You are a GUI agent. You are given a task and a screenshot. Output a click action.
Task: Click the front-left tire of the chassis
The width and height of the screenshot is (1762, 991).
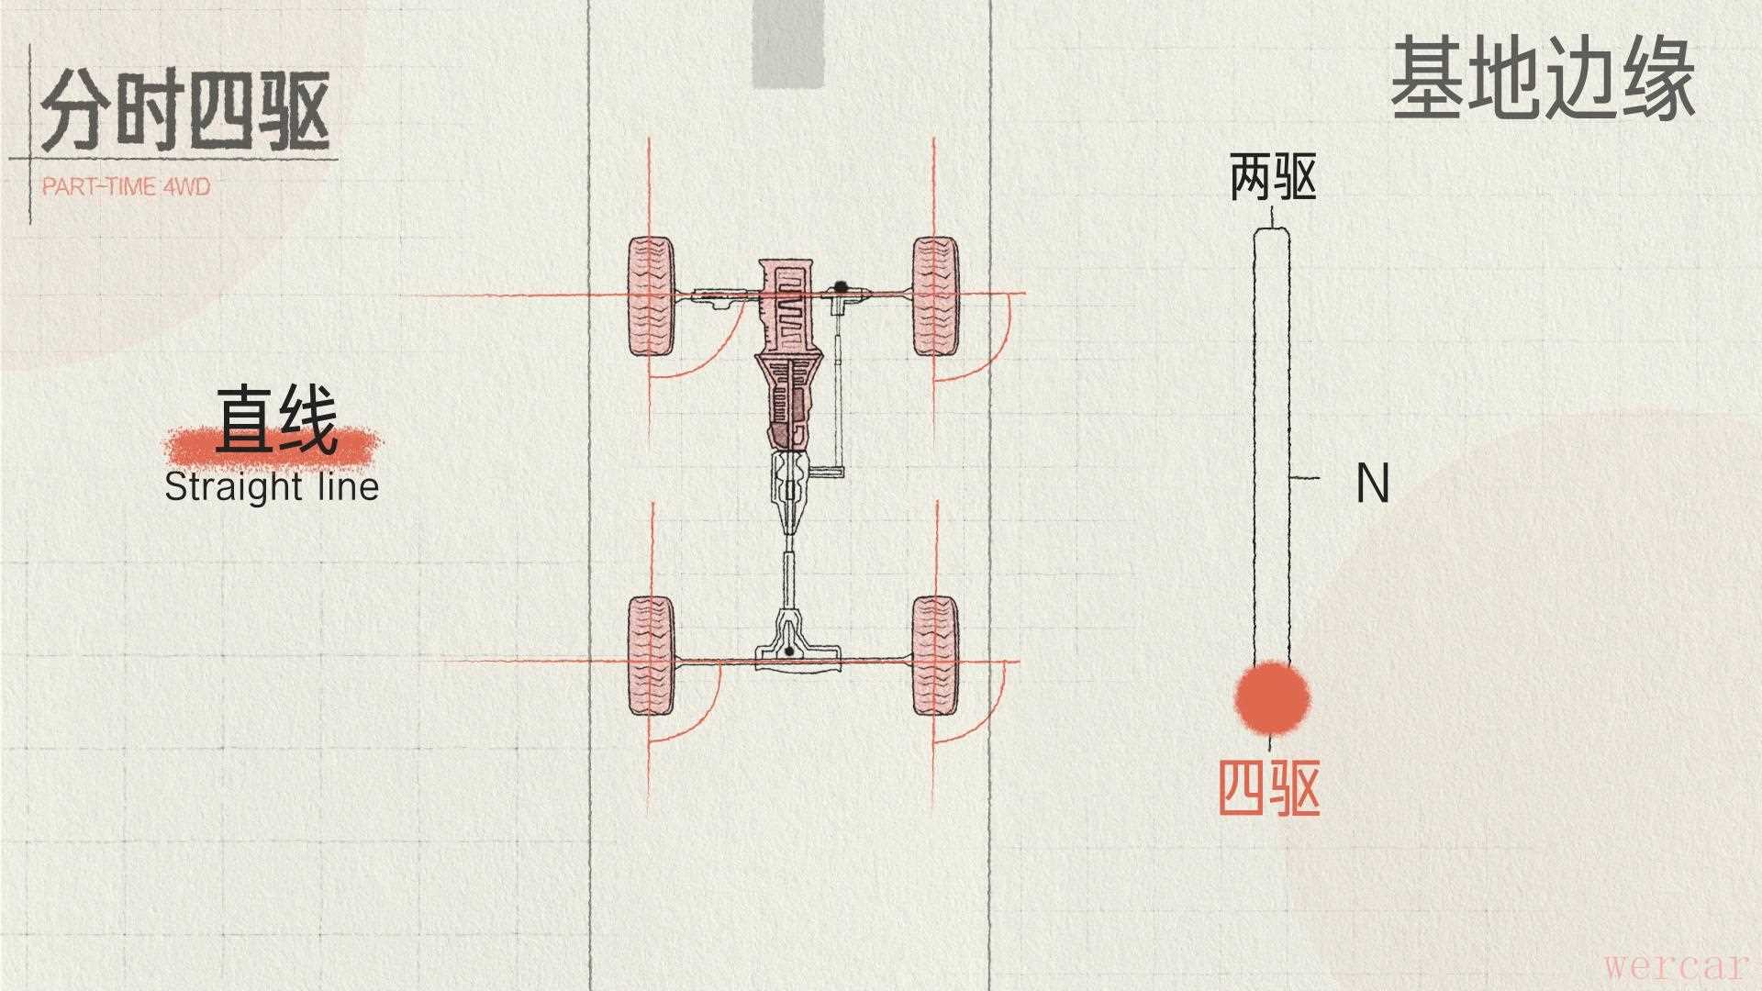point(652,296)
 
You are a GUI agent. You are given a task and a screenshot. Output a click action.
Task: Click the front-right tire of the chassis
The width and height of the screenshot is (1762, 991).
point(935,296)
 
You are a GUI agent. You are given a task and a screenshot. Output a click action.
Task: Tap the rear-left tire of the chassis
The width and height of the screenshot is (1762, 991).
point(651,656)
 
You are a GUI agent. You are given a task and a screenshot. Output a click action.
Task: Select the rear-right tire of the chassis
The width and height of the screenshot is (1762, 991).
point(935,656)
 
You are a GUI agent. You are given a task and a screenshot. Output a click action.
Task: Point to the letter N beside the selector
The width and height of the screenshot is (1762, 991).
point(1372,483)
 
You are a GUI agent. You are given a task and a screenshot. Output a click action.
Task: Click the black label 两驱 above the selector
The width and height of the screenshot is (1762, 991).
point(1273,178)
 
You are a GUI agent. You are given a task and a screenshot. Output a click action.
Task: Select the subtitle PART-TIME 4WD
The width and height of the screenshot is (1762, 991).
point(127,187)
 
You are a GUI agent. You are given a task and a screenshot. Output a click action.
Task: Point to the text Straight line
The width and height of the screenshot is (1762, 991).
point(272,486)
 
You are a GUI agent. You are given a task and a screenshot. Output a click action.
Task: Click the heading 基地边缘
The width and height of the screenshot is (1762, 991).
point(1542,80)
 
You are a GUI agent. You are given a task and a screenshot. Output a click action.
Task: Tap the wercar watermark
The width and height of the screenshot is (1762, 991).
point(1676,966)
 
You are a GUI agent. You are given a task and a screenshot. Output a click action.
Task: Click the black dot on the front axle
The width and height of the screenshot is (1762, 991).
point(840,287)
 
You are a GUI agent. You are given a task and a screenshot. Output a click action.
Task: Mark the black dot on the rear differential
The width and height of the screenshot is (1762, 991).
point(788,651)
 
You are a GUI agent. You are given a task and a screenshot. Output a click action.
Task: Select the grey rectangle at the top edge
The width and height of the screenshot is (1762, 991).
point(788,43)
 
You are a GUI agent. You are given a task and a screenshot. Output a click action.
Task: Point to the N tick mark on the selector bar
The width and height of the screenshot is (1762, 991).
point(1305,478)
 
